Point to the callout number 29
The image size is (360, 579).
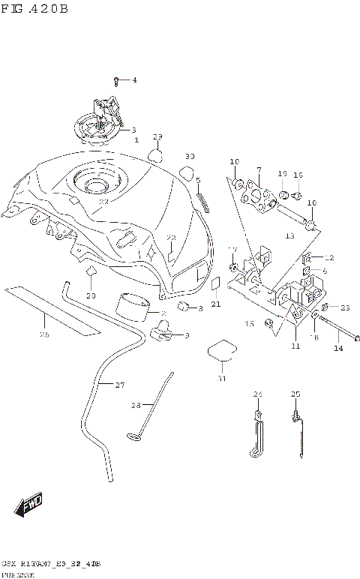[157, 136]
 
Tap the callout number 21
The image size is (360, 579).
[215, 304]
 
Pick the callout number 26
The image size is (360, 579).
[44, 334]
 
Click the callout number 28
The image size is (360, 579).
[136, 405]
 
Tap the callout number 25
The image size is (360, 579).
[295, 393]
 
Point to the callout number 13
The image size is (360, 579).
[290, 235]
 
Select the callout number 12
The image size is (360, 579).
[328, 257]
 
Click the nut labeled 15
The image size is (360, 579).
[268, 323]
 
